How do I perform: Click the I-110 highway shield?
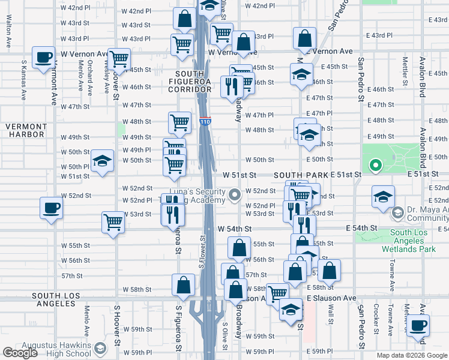tap(205, 122)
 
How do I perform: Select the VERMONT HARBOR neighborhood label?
tap(26, 130)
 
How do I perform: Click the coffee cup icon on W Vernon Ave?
tap(43, 58)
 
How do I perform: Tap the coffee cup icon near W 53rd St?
tap(50, 208)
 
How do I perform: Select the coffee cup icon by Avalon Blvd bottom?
tap(418, 326)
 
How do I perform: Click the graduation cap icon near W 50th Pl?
tap(103, 161)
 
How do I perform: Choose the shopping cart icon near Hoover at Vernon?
tap(119, 59)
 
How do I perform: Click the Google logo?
tap(20, 353)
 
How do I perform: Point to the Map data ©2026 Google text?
tap(412, 355)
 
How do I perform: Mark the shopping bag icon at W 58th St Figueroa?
tap(183, 285)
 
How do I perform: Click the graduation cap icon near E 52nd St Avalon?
tap(383, 197)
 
